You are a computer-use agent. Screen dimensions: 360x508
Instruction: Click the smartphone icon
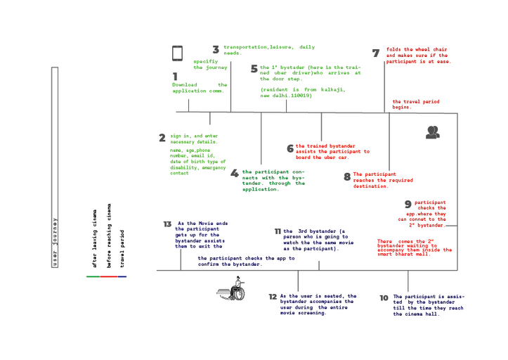coord(177,53)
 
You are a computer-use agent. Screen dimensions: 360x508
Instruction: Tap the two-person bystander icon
coord(432,131)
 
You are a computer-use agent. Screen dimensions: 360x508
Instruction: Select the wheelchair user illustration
coord(234,291)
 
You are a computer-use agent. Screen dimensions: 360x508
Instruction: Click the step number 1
coord(175,76)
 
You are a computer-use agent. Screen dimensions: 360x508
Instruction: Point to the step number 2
coord(162,138)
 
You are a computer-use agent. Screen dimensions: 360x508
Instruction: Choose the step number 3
coord(216,49)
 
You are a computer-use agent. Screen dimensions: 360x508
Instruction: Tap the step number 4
coord(235,173)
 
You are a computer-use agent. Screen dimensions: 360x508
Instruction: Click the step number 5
coord(254,68)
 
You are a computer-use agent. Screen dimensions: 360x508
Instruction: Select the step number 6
coord(290,148)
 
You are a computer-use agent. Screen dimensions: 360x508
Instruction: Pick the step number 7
coord(376,53)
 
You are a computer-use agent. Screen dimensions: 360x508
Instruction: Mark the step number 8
coord(347,176)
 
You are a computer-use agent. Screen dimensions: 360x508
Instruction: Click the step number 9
coord(408,204)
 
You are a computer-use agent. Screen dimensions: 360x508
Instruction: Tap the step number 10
coord(384,298)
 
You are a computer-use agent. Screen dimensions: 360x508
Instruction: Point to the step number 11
coord(278,231)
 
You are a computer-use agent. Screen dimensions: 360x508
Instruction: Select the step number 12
coord(273,297)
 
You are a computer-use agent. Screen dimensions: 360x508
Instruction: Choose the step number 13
coord(167,224)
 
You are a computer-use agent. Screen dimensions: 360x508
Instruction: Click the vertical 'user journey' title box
coord(55,167)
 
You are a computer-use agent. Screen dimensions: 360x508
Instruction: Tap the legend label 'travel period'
coord(123,248)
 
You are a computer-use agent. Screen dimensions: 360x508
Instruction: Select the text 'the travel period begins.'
coord(415,104)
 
